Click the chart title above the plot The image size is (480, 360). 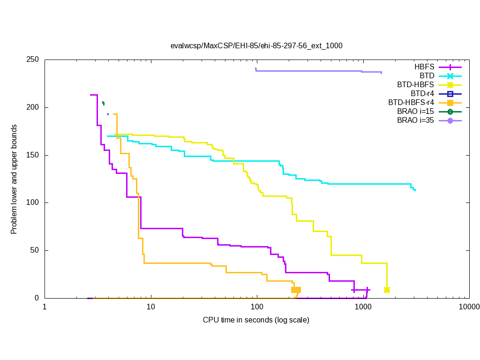point(256,46)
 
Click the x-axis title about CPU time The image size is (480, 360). point(256,320)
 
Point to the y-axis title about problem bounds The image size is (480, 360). point(15,180)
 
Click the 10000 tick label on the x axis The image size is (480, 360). point(469,307)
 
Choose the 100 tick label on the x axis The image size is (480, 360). point(257,307)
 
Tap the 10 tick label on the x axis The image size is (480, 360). point(150,307)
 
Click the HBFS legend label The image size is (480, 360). point(424,67)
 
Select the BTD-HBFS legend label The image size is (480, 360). point(416,85)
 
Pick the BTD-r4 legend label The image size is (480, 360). point(422,94)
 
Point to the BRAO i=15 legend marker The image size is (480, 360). point(450,112)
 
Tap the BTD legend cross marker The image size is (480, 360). point(450,76)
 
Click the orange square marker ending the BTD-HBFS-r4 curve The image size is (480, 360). point(296,290)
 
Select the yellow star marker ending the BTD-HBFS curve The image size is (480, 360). point(387,290)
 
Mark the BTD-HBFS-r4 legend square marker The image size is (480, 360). point(450,103)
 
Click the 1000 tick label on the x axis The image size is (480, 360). point(363,307)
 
